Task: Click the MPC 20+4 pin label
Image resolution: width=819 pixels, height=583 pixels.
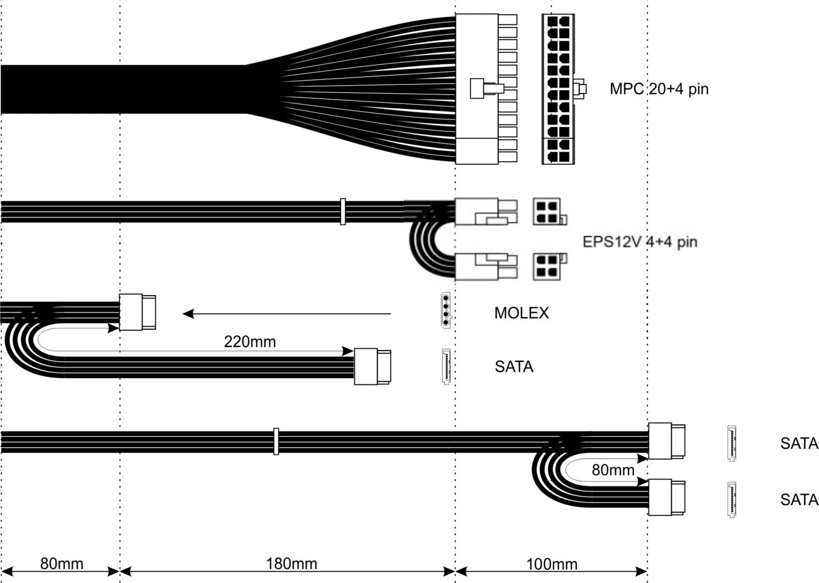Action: [658, 88]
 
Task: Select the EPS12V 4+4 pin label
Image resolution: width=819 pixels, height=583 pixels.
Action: [640, 242]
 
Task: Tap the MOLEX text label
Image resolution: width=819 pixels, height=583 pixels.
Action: [521, 313]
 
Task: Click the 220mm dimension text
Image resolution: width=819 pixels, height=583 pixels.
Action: [250, 341]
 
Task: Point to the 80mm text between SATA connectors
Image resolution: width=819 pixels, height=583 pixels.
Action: [613, 470]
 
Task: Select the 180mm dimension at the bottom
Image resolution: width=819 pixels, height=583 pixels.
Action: [291, 564]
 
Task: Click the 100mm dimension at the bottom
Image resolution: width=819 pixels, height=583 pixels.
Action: [552, 564]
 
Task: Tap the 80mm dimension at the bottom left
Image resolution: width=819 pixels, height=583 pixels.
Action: [62, 564]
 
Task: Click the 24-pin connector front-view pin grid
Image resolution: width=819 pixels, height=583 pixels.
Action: [558, 89]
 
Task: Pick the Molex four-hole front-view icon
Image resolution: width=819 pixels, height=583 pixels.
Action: [445, 310]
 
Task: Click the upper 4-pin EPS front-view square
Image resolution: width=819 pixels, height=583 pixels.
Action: [547, 212]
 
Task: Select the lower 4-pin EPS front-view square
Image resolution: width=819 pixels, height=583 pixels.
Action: [547, 266]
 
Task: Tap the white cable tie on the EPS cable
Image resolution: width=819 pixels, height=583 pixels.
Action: [343, 212]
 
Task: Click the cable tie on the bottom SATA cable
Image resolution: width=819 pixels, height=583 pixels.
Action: [276, 442]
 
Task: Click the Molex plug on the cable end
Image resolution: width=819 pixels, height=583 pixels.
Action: [137, 312]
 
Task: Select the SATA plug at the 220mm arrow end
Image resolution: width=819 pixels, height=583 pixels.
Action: [372, 366]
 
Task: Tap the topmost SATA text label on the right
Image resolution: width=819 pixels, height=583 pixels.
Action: [799, 444]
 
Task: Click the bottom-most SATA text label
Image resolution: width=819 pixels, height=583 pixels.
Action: [799, 500]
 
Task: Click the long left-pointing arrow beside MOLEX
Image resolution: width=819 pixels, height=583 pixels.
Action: [287, 314]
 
